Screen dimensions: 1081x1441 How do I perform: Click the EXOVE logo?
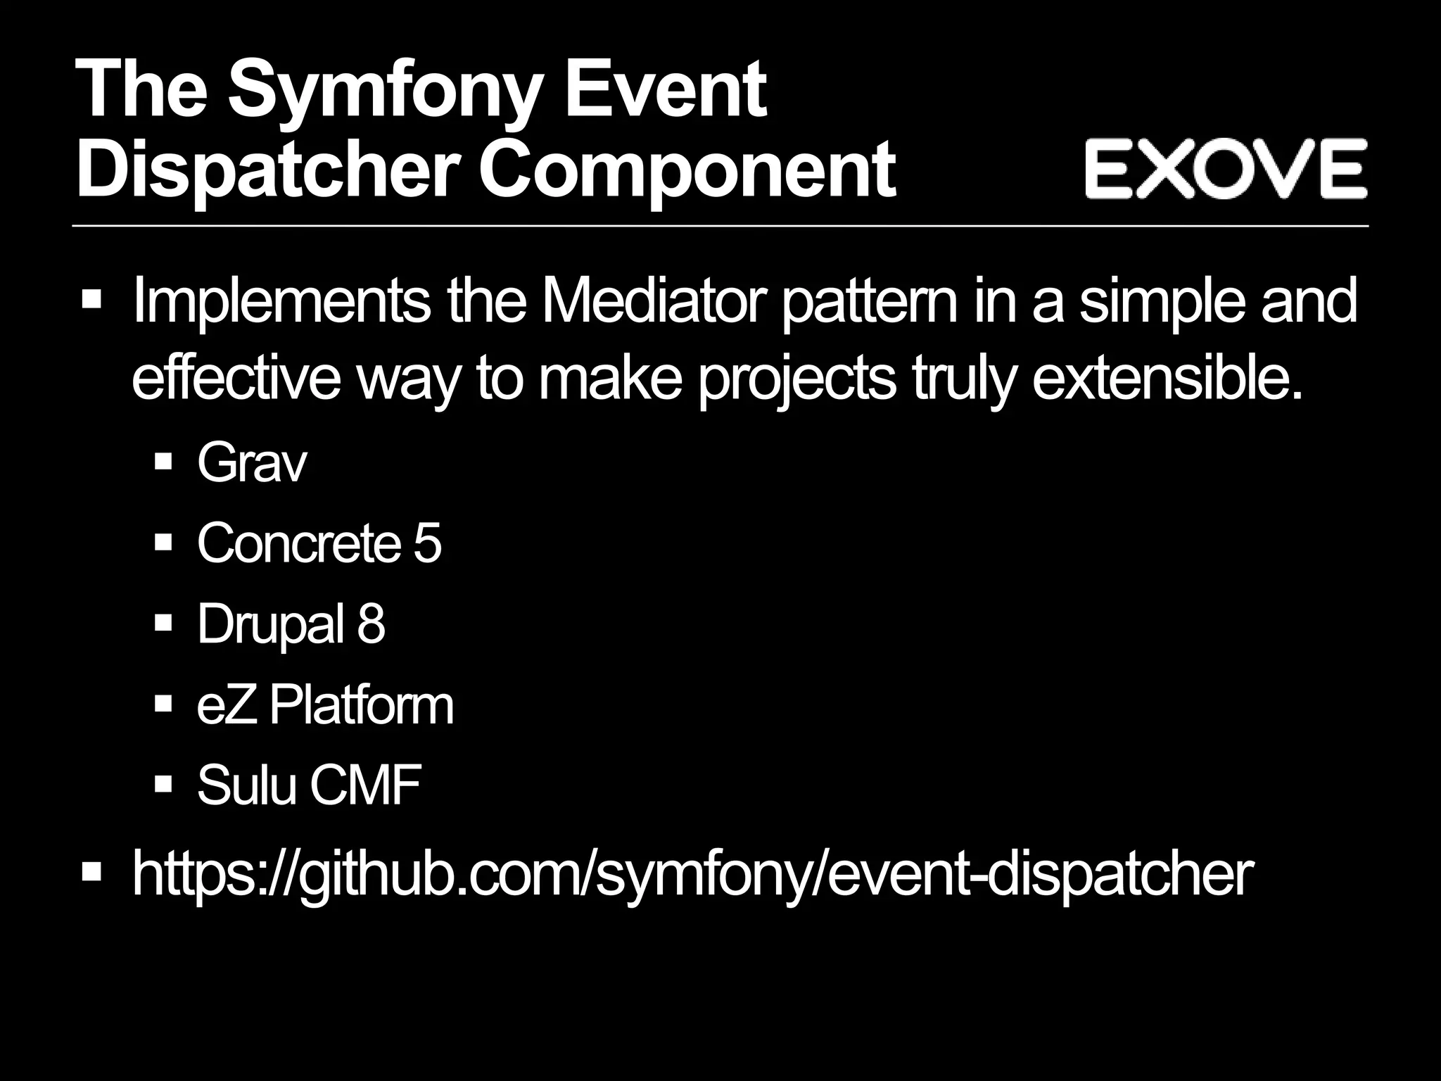(1225, 168)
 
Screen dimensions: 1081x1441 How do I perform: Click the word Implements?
(281, 301)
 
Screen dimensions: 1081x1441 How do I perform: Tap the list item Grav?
(252, 464)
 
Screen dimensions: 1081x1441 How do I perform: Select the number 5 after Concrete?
(426, 543)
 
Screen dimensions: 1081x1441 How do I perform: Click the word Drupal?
(270, 624)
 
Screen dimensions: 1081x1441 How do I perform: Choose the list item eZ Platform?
(325, 705)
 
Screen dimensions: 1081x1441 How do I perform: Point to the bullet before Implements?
(91, 300)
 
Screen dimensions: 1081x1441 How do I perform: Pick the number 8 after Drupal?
(371, 624)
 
